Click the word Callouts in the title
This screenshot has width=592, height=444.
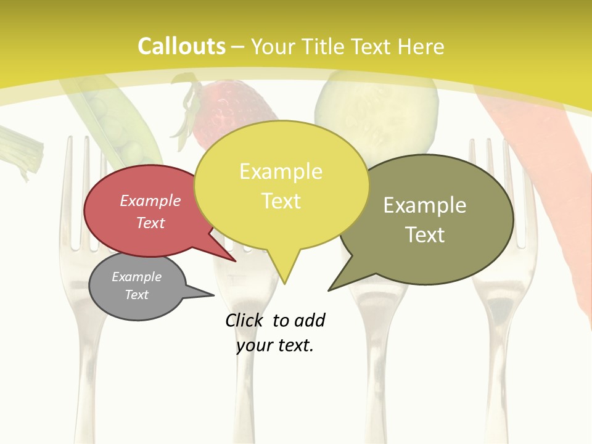[x=181, y=46]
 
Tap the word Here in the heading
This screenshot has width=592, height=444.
[x=422, y=47]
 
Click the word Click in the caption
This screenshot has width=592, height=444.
[x=244, y=321]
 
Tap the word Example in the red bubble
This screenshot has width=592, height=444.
[x=150, y=201]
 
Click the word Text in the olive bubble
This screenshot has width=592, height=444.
[x=425, y=235]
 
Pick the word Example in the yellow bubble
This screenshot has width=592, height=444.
[x=281, y=171]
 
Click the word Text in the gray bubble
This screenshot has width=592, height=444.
[x=136, y=295]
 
